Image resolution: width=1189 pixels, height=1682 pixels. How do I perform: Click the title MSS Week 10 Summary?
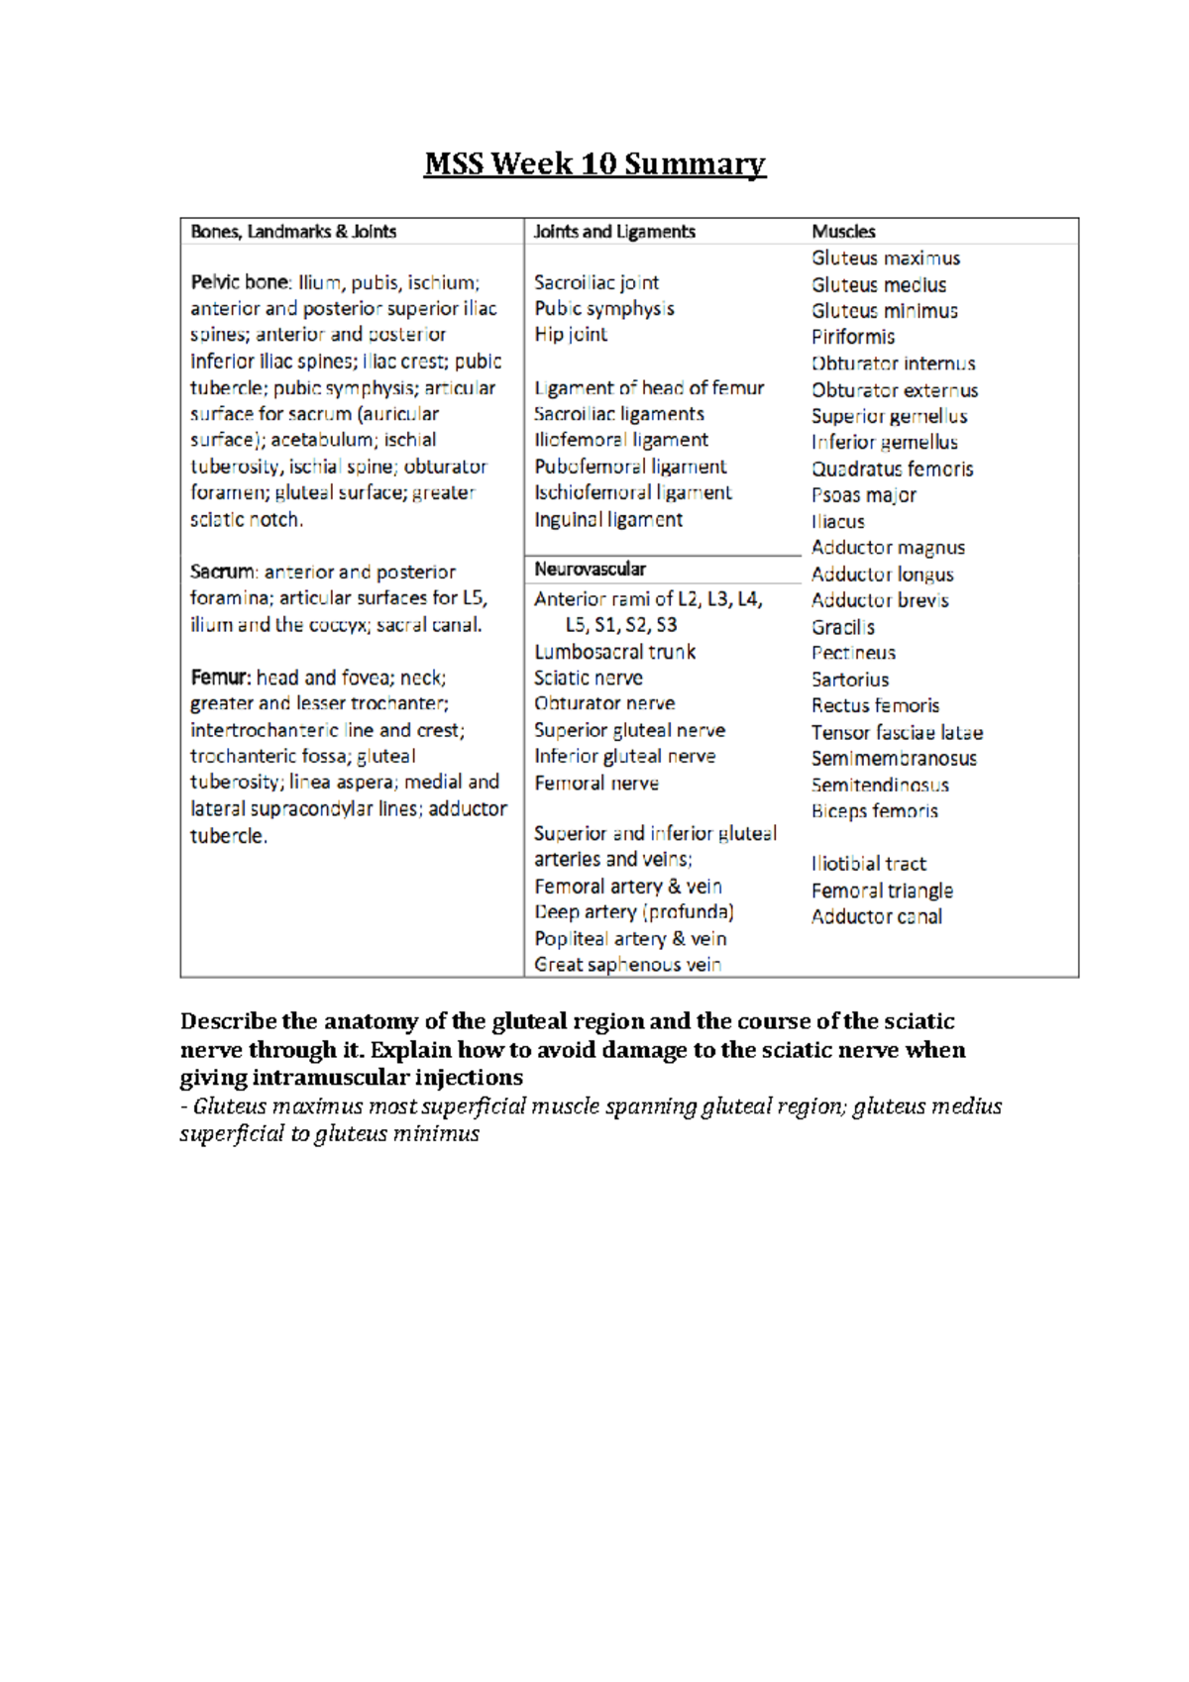(594, 163)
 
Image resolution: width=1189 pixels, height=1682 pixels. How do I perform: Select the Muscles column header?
(843, 232)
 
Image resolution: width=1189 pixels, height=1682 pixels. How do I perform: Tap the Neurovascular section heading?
(590, 570)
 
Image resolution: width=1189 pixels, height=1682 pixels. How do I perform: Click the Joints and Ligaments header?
(614, 232)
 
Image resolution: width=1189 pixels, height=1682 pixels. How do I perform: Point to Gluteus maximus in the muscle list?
(885, 259)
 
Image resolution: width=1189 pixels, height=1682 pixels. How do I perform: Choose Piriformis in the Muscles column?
(852, 338)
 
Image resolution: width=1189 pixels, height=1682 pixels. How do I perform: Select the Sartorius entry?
(849, 680)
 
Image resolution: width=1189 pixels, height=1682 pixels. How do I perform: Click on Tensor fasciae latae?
(897, 733)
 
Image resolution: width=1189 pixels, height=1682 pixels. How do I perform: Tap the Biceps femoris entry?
(874, 811)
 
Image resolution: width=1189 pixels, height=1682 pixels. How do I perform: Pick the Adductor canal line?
(876, 917)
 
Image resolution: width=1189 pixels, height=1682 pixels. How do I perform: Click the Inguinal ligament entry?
(607, 520)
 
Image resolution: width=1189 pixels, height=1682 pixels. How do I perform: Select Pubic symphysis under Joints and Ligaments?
(603, 309)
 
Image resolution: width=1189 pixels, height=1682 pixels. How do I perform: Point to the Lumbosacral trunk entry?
(614, 652)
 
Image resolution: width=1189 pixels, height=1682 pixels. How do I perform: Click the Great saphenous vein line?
(627, 965)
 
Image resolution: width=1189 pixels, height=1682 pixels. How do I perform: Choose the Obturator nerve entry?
(604, 703)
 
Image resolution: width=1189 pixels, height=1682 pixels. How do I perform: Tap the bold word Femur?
(220, 679)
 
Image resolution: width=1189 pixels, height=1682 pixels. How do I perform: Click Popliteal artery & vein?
(630, 939)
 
